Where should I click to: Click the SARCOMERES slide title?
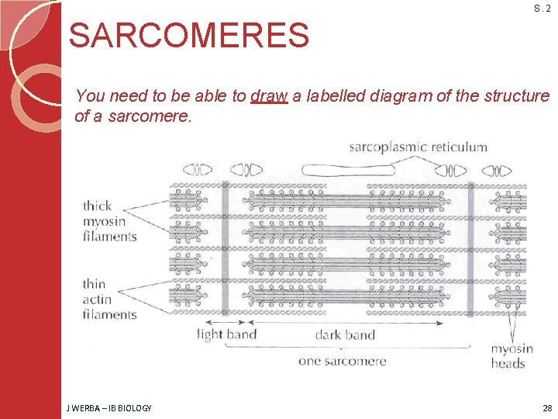pyautogui.click(x=189, y=35)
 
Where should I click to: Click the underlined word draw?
pyautogui.click(x=269, y=96)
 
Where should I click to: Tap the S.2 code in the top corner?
pyautogui.click(x=542, y=9)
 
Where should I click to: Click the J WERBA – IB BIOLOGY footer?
pyautogui.click(x=110, y=408)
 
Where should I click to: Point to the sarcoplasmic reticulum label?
pyautogui.click(x=418, y=147)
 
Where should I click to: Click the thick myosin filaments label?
pyautogui.click(x=109, y=221)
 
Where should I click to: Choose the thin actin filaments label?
pyautogui.click(x=109, y=299)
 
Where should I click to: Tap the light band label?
pyautogui.click(x=226, y=335)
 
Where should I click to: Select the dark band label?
pyautogui.click(x=345, y=335)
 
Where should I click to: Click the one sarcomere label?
pyautogui.click(x=342, y=360)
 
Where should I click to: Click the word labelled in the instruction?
pyautogui.click(x=335, y=96)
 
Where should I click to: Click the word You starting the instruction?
pyautogui.click(x=91, y=96)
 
